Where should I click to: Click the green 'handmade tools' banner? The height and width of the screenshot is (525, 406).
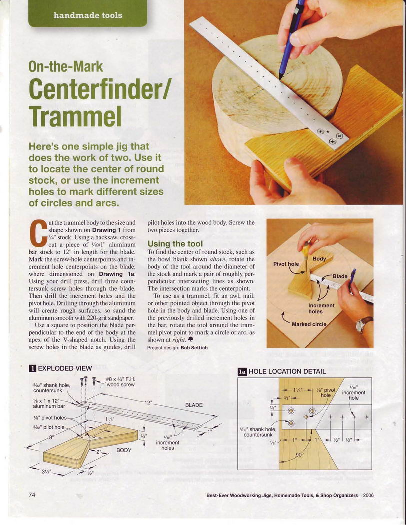88,13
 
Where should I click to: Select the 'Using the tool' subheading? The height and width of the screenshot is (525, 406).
175,244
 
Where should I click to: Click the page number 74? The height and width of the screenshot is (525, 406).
32,495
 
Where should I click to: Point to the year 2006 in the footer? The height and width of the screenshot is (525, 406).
368,495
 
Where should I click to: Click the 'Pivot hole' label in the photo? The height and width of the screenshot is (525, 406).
286,264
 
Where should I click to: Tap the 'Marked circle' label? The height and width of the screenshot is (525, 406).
309,324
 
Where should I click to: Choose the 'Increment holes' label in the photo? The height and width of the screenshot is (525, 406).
321,308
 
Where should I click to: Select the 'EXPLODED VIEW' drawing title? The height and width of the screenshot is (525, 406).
65,368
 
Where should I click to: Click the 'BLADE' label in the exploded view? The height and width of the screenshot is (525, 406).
194,405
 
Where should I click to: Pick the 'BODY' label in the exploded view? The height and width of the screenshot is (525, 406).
124,450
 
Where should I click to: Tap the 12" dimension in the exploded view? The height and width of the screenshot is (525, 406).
148,403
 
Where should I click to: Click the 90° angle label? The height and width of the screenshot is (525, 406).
300,455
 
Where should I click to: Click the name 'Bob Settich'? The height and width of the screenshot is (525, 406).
194,348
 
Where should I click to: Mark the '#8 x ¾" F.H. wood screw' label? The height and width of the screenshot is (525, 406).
120,382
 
